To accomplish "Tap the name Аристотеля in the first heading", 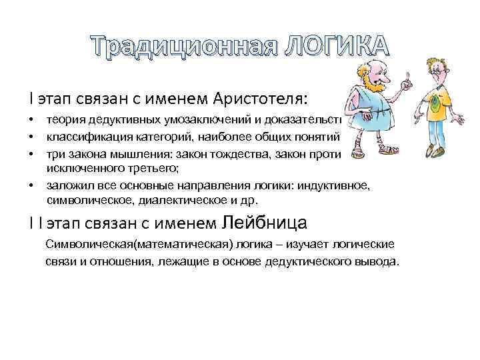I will (x=261, y=99).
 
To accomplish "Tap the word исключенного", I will (x=78, y=169).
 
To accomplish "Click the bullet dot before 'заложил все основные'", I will (x=31, y=186).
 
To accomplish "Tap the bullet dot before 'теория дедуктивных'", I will (x=31, y=120).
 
